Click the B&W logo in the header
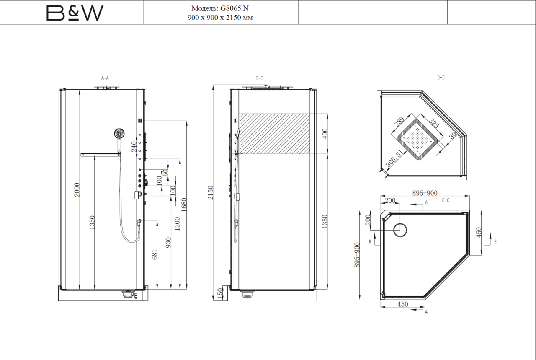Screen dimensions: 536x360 [x=75, y=13]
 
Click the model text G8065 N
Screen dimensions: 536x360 [x=234, y=8]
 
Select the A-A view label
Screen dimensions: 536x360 [x=105, y=78]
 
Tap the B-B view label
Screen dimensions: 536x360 [x=260, y=78]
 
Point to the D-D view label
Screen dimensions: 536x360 [x=441, y=78]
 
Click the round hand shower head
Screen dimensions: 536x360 [x=119, y=133]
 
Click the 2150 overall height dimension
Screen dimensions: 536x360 [x=210, y=193]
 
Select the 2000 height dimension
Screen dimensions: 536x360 [x=77, y=190]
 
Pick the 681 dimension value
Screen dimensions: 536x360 [x=155, y=255]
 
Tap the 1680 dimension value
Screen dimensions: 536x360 [x=184, y=205]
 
